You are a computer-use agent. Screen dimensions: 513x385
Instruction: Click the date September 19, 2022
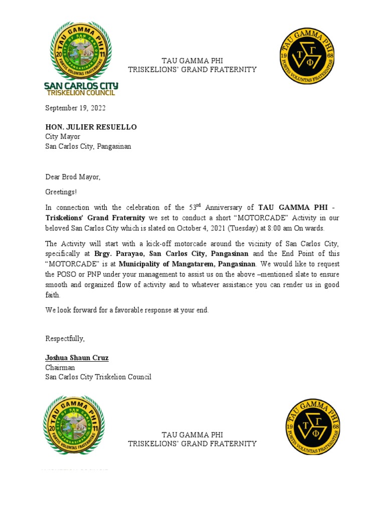click(75, 108)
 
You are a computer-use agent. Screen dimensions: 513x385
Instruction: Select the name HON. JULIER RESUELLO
click(91, 127)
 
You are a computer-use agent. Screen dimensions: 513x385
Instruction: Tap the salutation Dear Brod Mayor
click(73, 177)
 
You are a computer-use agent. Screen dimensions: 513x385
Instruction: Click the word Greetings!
click(61, 192)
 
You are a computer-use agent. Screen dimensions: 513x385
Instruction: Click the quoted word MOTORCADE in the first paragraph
click(250, 218)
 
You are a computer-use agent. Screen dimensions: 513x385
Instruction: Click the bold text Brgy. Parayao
click(120, 254)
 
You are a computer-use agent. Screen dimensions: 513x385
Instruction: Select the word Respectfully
click(65, 339)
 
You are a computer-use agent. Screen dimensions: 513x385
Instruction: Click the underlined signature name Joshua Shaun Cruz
click(77, 358)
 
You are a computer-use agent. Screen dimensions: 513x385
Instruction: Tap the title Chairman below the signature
click(61, 368)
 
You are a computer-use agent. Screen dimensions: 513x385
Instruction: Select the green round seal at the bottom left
click(74, 425)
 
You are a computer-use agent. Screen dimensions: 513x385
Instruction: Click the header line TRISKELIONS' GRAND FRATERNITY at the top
click(192, 70)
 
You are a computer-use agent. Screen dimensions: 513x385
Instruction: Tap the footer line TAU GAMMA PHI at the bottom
click(192, 434)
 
